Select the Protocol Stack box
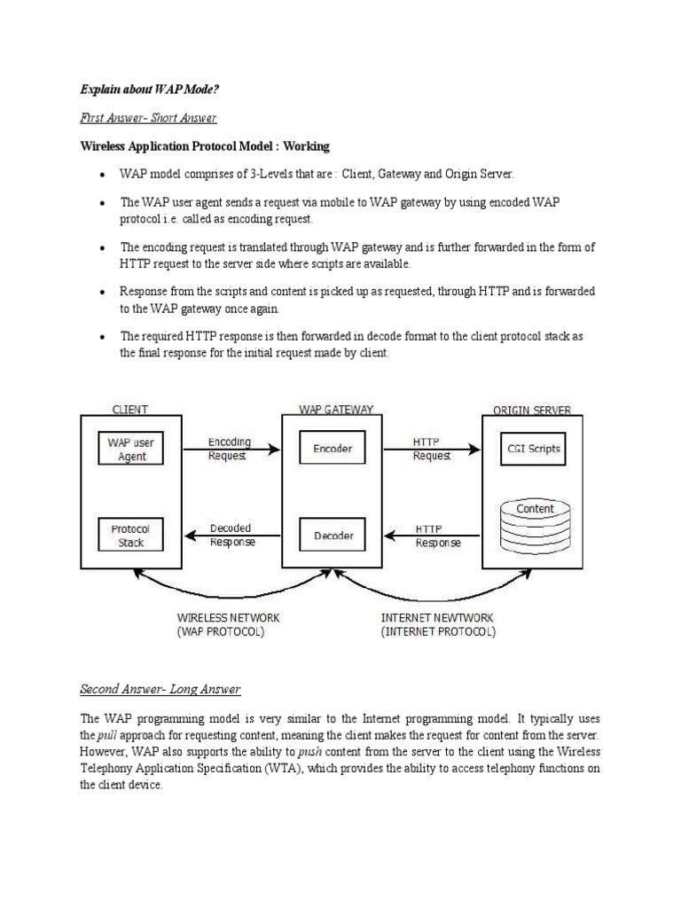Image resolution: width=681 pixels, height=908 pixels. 131,535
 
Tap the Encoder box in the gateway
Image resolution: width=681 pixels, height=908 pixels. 333,449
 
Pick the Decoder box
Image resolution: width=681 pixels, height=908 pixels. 333,535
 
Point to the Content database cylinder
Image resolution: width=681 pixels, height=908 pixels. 535,527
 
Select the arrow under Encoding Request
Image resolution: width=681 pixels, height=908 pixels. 230,450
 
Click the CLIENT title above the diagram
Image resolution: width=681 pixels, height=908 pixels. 130,410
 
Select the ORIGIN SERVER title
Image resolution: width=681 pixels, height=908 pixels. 532,410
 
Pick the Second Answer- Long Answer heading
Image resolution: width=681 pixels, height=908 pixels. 160,688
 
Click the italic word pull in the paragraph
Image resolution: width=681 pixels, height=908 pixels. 106,736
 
